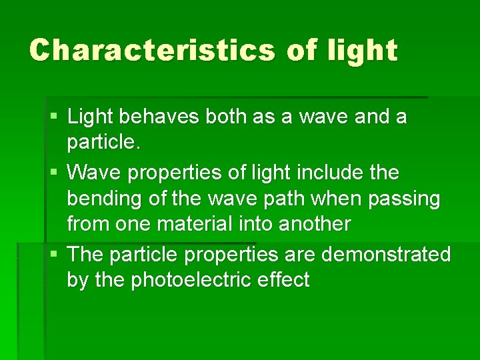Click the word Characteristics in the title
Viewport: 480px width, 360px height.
[153, 50]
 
